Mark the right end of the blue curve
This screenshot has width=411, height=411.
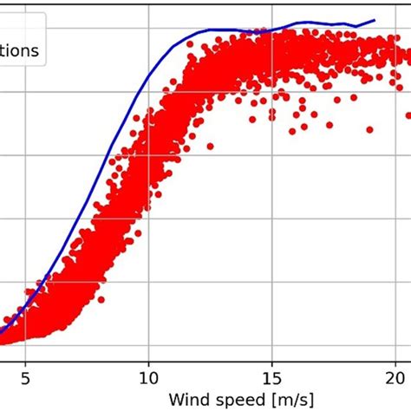point(375,20)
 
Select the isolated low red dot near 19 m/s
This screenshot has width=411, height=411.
point(370,129)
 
